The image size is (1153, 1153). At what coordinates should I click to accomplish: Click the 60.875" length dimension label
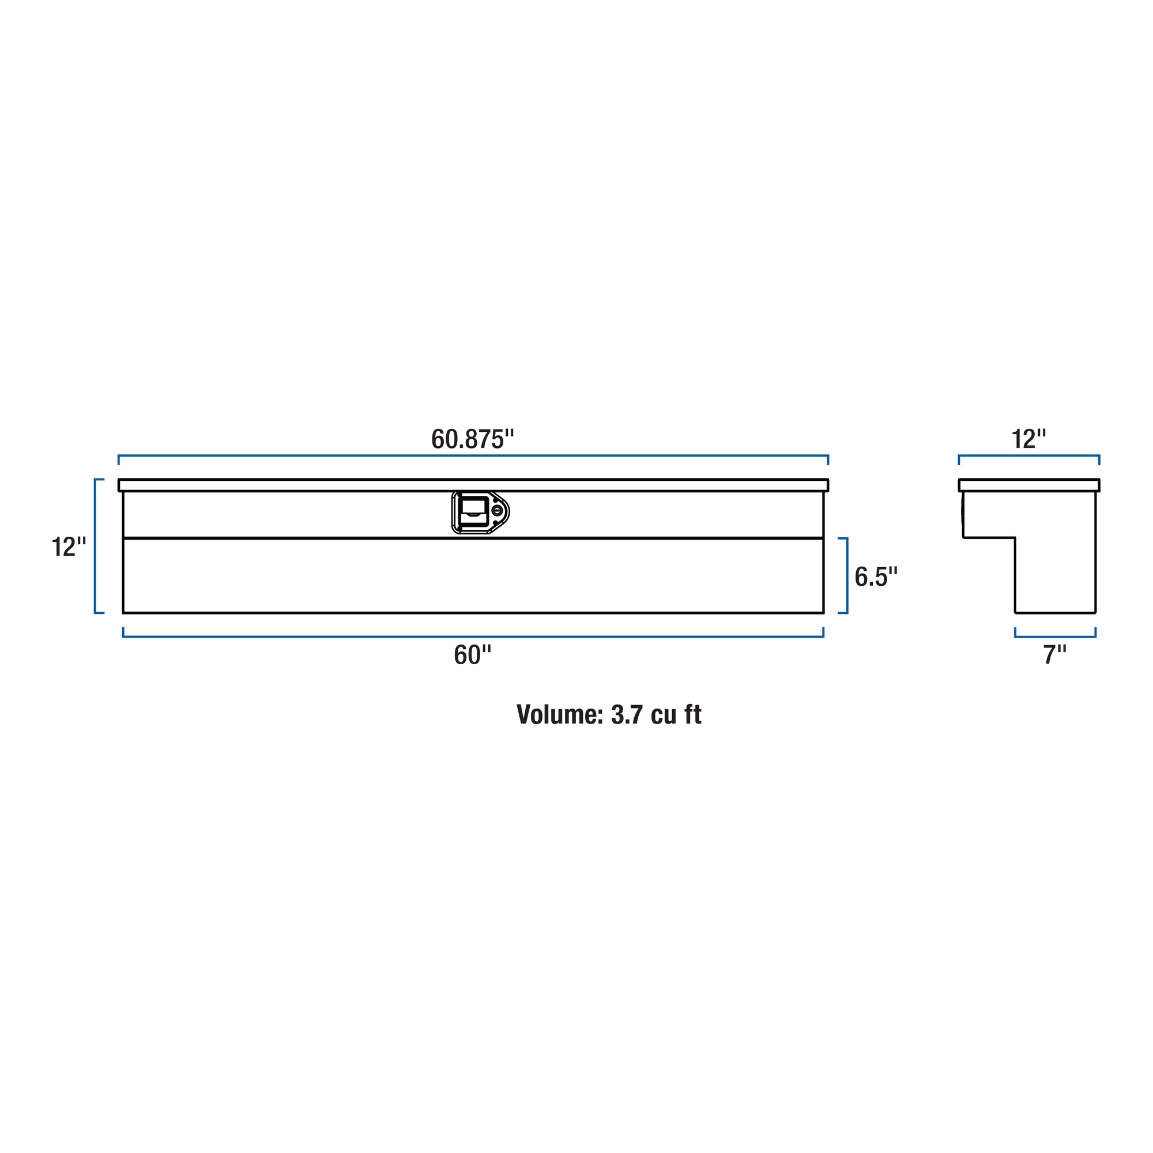472,439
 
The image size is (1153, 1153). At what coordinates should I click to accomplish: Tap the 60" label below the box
472,655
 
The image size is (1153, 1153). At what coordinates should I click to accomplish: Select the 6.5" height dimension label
876,576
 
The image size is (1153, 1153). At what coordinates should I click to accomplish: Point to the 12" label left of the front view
69,547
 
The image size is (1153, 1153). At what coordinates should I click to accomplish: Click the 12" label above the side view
1029,439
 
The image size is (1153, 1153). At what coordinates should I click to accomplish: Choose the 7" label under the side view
1054,655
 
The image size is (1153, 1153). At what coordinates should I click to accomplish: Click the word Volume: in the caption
560,714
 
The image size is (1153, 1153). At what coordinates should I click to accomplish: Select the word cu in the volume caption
664,717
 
